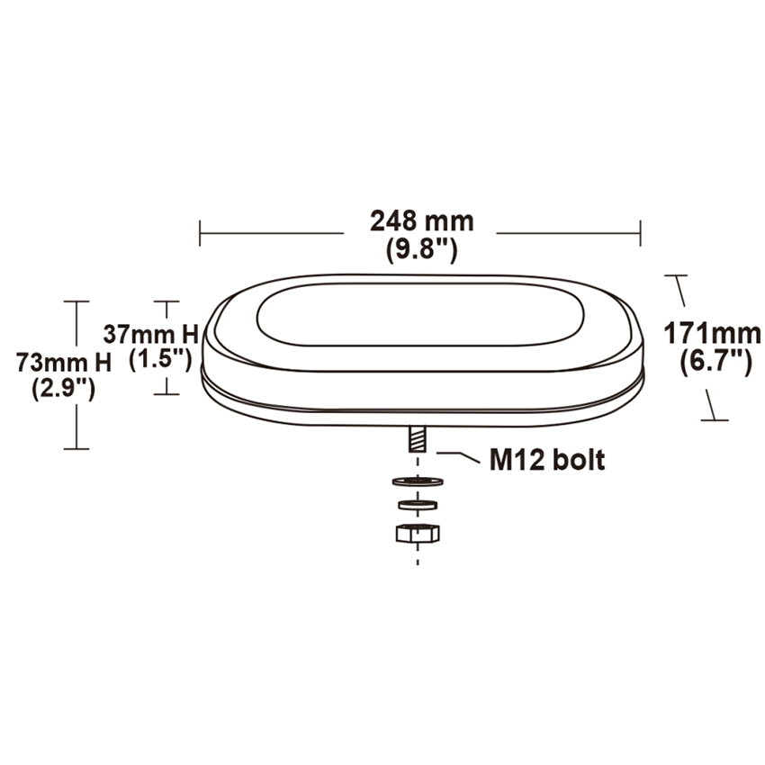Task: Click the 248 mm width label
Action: (x=421, y=220)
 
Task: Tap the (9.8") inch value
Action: (x=421, y=248)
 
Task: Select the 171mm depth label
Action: (x=712, y=333)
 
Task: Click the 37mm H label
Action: (x=149, y=333)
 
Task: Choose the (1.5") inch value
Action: (x=160, y=358)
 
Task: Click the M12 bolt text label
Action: (x=547, y=461)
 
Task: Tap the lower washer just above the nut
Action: (x=417, y=503)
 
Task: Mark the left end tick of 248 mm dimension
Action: (x=200, y=232)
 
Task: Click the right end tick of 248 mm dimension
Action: (x=641, y=232)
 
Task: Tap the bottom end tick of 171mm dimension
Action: (x=715, y=418)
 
